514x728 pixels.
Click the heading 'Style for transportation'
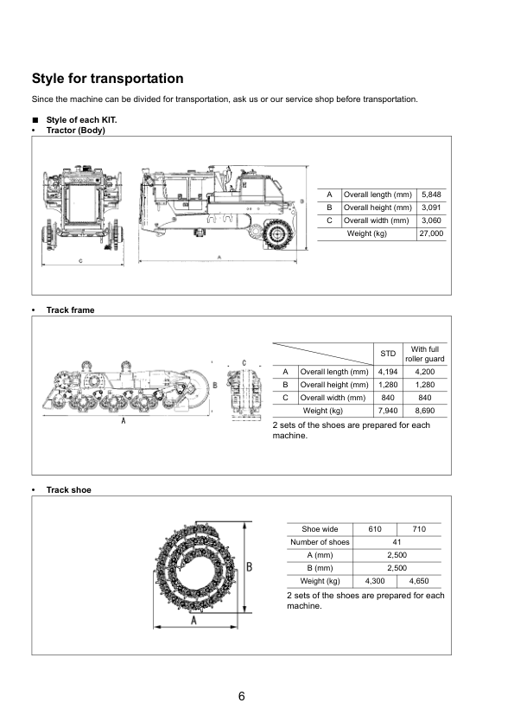pos(108,79)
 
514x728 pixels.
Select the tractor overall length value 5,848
pos(431,195)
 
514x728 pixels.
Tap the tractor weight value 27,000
pos(431,233)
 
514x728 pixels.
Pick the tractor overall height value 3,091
pos(431,208)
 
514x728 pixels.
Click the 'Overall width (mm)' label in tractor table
pos(377,220)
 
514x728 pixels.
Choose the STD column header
pos(388,354)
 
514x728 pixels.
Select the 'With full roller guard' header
pos(424,354)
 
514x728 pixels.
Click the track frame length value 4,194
pos(388,372)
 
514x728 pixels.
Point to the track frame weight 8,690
pos(424,411)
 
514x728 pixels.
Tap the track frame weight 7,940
pos(388,411)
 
